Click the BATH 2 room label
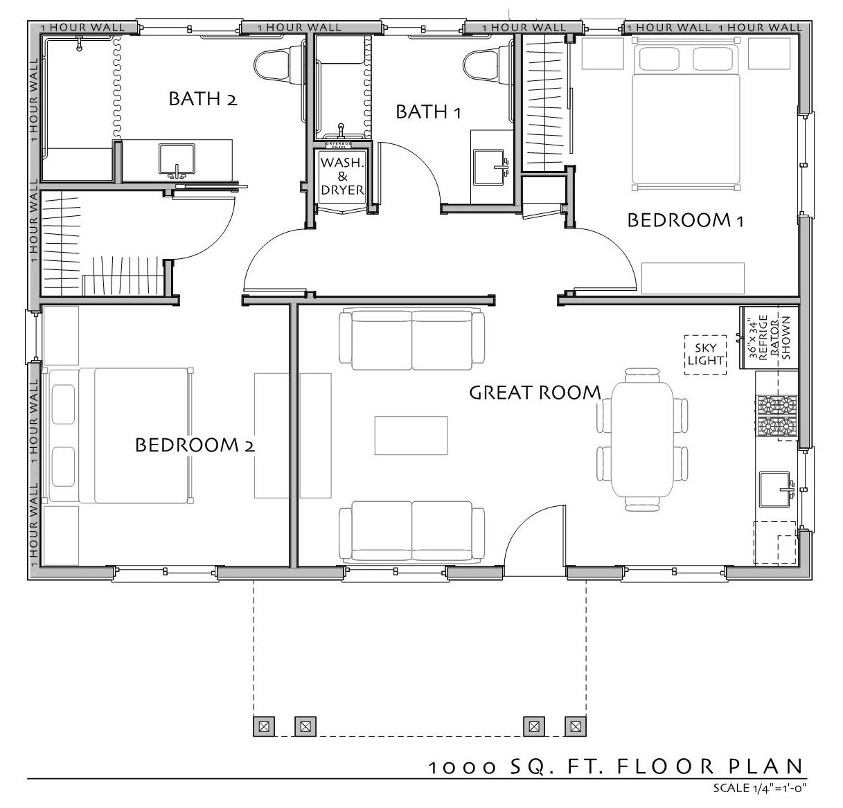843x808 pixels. [x=203, y=99]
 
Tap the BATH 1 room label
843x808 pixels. [x=428, y=111]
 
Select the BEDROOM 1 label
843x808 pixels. [x=685, y=220]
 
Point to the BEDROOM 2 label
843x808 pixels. [x=195, y=445]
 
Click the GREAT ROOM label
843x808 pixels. [x=535, y=393]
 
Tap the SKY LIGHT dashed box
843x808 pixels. [x=705, y=354]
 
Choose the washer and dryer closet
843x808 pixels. [x=342, y=179]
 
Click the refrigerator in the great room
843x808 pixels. [x=770, y=338]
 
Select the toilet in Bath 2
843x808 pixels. [x=278, y=66]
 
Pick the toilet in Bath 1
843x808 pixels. [x=487, y=66]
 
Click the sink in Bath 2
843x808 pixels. [x=177, y=160]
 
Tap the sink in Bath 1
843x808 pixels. [x=490, y=167]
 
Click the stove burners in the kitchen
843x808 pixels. [x=777, y=416]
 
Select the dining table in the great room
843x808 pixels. [x=642, y=439]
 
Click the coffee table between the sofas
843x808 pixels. [x=411, y=436]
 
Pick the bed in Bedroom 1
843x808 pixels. [x=685, y=114]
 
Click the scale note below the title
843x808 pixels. [x=760, y=788]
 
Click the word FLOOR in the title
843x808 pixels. [x=664, y=766]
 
